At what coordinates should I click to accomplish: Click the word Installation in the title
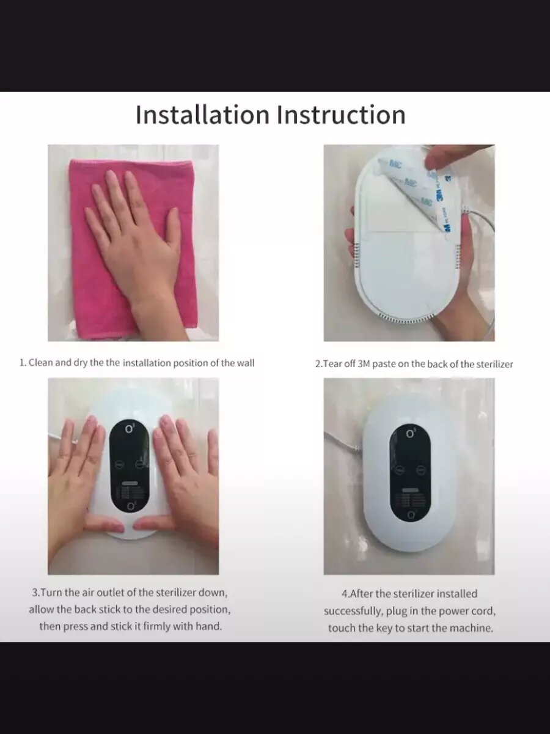pyautogui.click(x=202, y=114)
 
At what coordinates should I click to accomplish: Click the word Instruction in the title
pyautogui.click(x=342, y=114)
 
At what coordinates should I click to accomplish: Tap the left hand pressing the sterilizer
pyautogui.click(x=78, y=492)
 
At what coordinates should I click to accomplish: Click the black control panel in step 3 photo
pyautogui.click(x=130, y=471)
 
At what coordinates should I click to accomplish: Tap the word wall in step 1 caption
pyautogui.click(x=246, y=363)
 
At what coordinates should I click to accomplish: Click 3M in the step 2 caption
pyautogui.click(x=364, y=364)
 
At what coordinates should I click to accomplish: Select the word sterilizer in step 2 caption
pyautogui.click(x=494, y=364)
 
